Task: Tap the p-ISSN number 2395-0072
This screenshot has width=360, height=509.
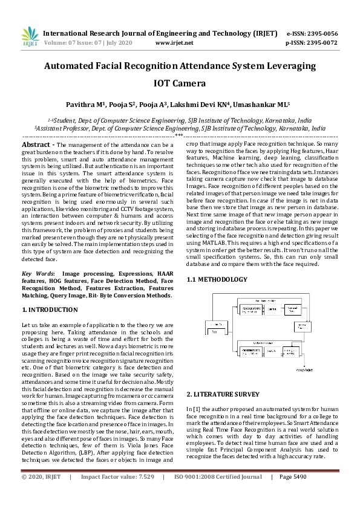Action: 322,44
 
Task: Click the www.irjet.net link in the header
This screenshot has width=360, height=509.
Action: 174,44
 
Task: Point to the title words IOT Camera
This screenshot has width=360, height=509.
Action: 180,83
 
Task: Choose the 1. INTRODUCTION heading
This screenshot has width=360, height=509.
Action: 50,310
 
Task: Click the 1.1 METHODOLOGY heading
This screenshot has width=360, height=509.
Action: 217,279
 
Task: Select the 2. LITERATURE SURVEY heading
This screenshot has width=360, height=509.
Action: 223,394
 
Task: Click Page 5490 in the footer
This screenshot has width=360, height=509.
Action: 293,493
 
